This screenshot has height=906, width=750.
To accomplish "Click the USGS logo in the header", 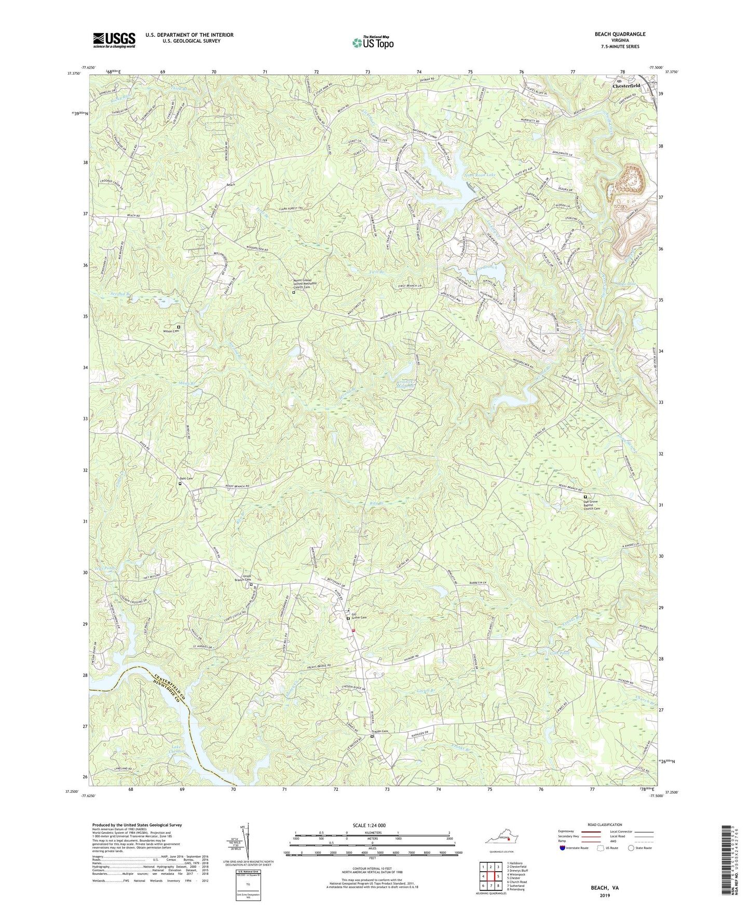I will (x=114, y=40).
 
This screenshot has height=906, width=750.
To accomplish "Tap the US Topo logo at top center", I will (x=372, y=43).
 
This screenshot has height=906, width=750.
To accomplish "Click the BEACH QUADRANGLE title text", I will (x=620, y=34).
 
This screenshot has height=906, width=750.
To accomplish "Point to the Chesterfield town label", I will (x=626, y=86).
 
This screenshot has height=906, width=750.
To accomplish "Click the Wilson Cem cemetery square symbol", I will (x=179, y=327).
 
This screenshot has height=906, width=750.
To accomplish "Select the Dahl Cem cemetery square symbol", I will (x=180, y=484).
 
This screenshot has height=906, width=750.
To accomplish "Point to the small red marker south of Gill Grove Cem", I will (x=353, y=630).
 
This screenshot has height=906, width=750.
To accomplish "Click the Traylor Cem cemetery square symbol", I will (x=372, y=736).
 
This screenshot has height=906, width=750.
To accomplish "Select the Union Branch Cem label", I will (x=243, y=579).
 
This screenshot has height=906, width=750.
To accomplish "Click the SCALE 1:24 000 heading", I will (x=369, y=826).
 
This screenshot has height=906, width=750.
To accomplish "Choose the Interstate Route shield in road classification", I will (x=563, y=848).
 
